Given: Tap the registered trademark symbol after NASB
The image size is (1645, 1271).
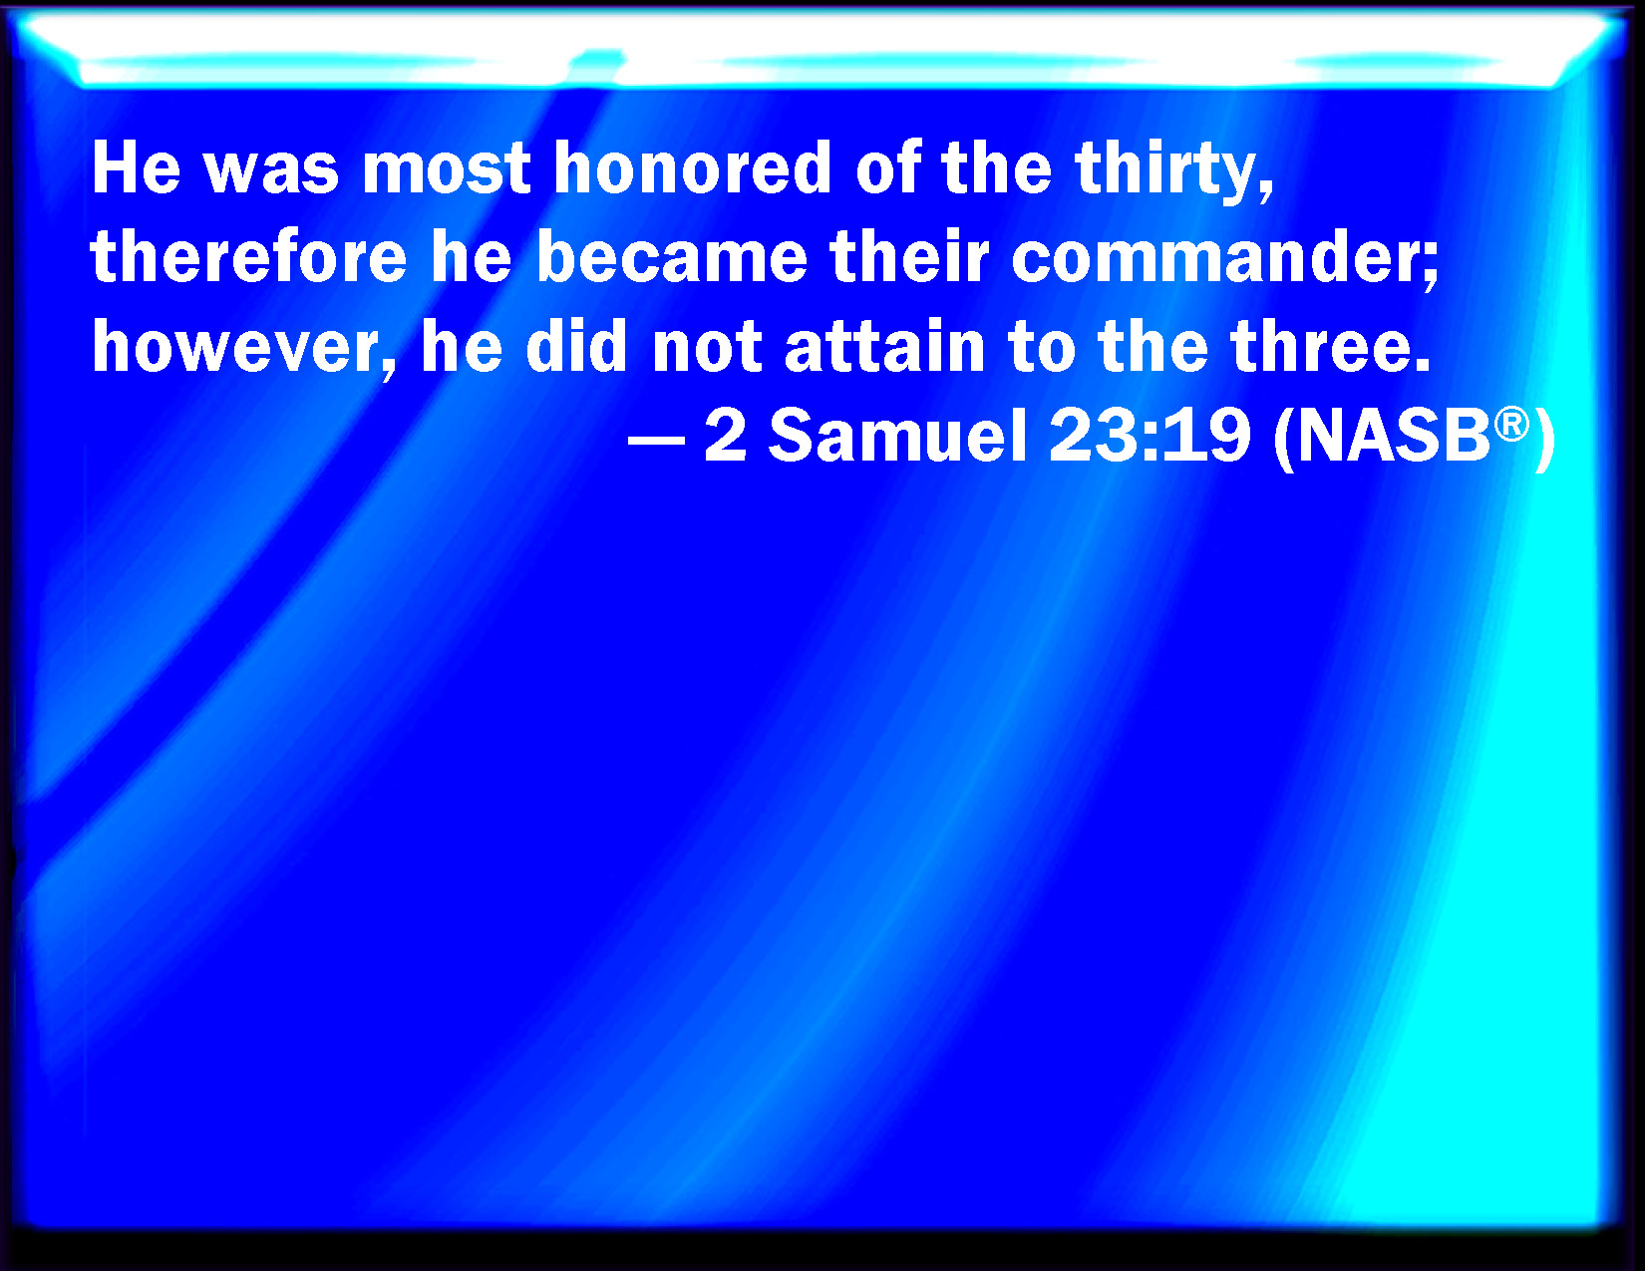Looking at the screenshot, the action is (x=1511, y=424).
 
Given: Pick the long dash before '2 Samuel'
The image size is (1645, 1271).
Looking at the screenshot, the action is (x=656, y=442).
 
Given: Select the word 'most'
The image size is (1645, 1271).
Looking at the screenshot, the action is (x=445, y=168).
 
